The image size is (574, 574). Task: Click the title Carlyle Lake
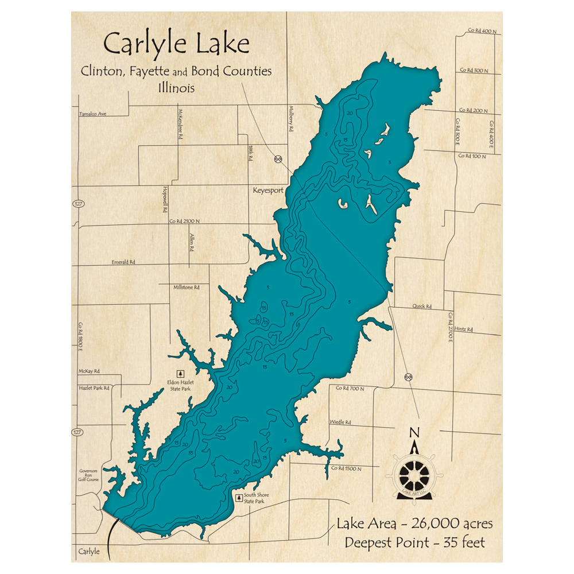pos(176,44)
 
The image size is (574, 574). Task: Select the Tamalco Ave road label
pos(93,114)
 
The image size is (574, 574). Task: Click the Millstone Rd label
pos(186,286)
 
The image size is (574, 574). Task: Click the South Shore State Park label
pos(256,498)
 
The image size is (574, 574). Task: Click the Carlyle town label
pos(89,551)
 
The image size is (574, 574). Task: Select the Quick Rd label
pos(421,307)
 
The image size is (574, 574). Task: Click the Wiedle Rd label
pos(340,422)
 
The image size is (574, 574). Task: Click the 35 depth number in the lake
pos(190,452)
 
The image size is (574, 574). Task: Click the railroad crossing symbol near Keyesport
pos(278,159)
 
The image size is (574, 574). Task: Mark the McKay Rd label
pos(89,371)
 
